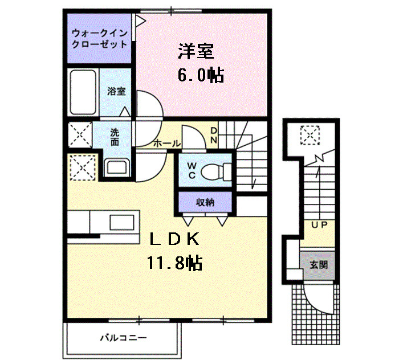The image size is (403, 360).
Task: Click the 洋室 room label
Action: click(x=196, y=52)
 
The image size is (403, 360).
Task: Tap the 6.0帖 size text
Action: click(x=200, y=75)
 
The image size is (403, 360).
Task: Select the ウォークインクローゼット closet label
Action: click(x=99, y=38)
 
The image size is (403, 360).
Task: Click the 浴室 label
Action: click(x=117, y=91)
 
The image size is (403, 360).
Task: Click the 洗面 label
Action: click(x=115, y=137)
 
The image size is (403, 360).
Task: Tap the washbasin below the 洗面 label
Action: click(x=118, y=167)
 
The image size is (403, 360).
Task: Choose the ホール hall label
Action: click(x=166, y=144)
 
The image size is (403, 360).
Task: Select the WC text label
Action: click(x=192, y=170)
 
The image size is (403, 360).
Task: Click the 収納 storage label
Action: click(x=205, y=202)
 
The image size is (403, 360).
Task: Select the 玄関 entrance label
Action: click(x=318, y=265)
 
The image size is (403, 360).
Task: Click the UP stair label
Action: click(x=318, y=225)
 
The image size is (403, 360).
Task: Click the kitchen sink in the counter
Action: click(x=121, y=222)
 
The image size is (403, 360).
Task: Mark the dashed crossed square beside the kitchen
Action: click(x=80, y=167)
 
